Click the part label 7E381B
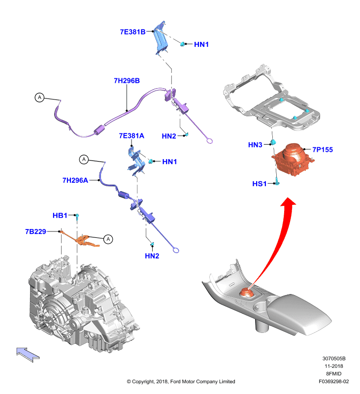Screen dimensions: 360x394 point(132,32)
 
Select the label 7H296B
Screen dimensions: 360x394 point(127,81)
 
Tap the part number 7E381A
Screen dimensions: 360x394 point(131,136)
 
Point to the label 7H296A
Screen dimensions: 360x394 point(75,180)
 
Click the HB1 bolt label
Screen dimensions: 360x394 point(60,215)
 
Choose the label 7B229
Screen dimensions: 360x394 point(35,231)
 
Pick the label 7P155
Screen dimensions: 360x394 point(323,150)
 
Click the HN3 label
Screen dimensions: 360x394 point(255,145)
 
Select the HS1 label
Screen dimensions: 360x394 point(259,184)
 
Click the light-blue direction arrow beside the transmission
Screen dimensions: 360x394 point(28,354)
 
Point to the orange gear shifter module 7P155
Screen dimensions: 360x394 point(293,159)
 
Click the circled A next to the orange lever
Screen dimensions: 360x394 point(108,239)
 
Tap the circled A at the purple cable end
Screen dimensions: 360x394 point(39,97)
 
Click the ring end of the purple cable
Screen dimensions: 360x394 point(209,141)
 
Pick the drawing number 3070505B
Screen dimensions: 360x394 point(334,359)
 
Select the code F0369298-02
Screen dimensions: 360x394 point(333,381)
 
